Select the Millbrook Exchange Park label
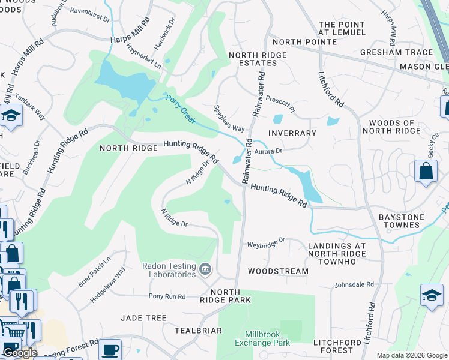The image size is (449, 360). tap(268, 338)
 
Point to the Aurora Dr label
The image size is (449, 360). tap(268, 151)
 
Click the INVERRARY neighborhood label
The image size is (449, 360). tap(292, 133)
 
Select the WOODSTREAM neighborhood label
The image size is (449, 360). tap(278, 271)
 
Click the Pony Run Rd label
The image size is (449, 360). tap(167, 296)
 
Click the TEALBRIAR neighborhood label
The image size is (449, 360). tap(198, 331)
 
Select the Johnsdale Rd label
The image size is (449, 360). tap(354, 284)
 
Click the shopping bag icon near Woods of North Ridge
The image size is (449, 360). tap(426, 170)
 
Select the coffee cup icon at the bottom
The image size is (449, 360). tap(109, 349)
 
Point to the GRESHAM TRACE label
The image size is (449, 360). tap(396, 52)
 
